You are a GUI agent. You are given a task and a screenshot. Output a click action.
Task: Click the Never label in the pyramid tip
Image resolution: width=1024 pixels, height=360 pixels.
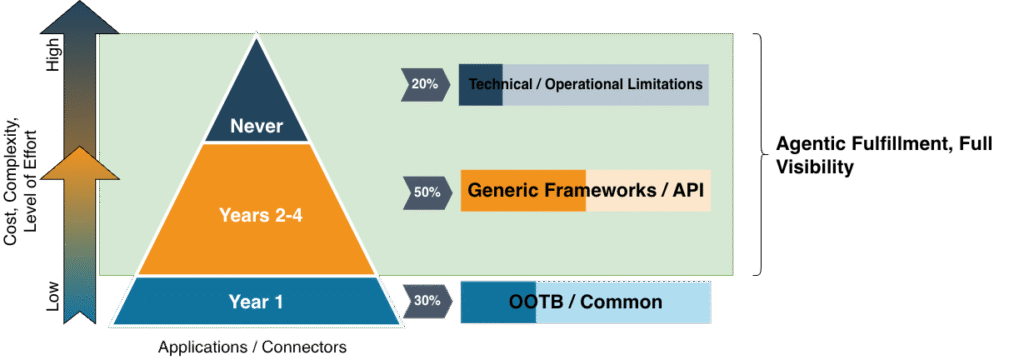point(256,125)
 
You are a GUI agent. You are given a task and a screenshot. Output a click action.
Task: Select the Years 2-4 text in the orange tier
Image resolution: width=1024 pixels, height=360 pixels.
point(255,215)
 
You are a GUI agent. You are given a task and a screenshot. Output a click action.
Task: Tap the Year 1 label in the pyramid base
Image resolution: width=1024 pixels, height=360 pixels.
point(256,301)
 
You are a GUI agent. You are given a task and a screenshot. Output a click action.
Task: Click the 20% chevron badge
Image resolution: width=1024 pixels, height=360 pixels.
point(425,84)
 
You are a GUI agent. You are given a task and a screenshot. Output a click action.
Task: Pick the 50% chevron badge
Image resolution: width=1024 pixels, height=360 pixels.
point(426,193)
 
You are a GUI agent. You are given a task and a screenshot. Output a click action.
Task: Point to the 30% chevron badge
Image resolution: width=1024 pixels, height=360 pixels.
point(427,301)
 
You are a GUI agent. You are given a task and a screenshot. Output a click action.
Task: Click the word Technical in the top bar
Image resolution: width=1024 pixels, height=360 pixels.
point(501,84)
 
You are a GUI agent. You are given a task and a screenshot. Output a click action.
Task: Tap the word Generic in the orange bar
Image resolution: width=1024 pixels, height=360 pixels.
point(502,190)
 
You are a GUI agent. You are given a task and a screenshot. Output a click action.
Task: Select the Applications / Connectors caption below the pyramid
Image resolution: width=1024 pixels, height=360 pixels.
point(252,347)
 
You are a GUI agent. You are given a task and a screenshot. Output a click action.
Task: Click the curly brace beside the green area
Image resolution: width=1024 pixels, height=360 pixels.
point(761,154)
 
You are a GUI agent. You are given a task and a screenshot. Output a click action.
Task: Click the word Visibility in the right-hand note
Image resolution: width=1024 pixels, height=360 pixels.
point(814,167)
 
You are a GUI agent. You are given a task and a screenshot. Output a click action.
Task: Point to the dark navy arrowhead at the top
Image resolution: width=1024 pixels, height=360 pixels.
point(80,18)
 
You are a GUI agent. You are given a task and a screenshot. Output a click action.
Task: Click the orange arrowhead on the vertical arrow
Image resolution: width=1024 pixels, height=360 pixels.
point(80,162)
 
